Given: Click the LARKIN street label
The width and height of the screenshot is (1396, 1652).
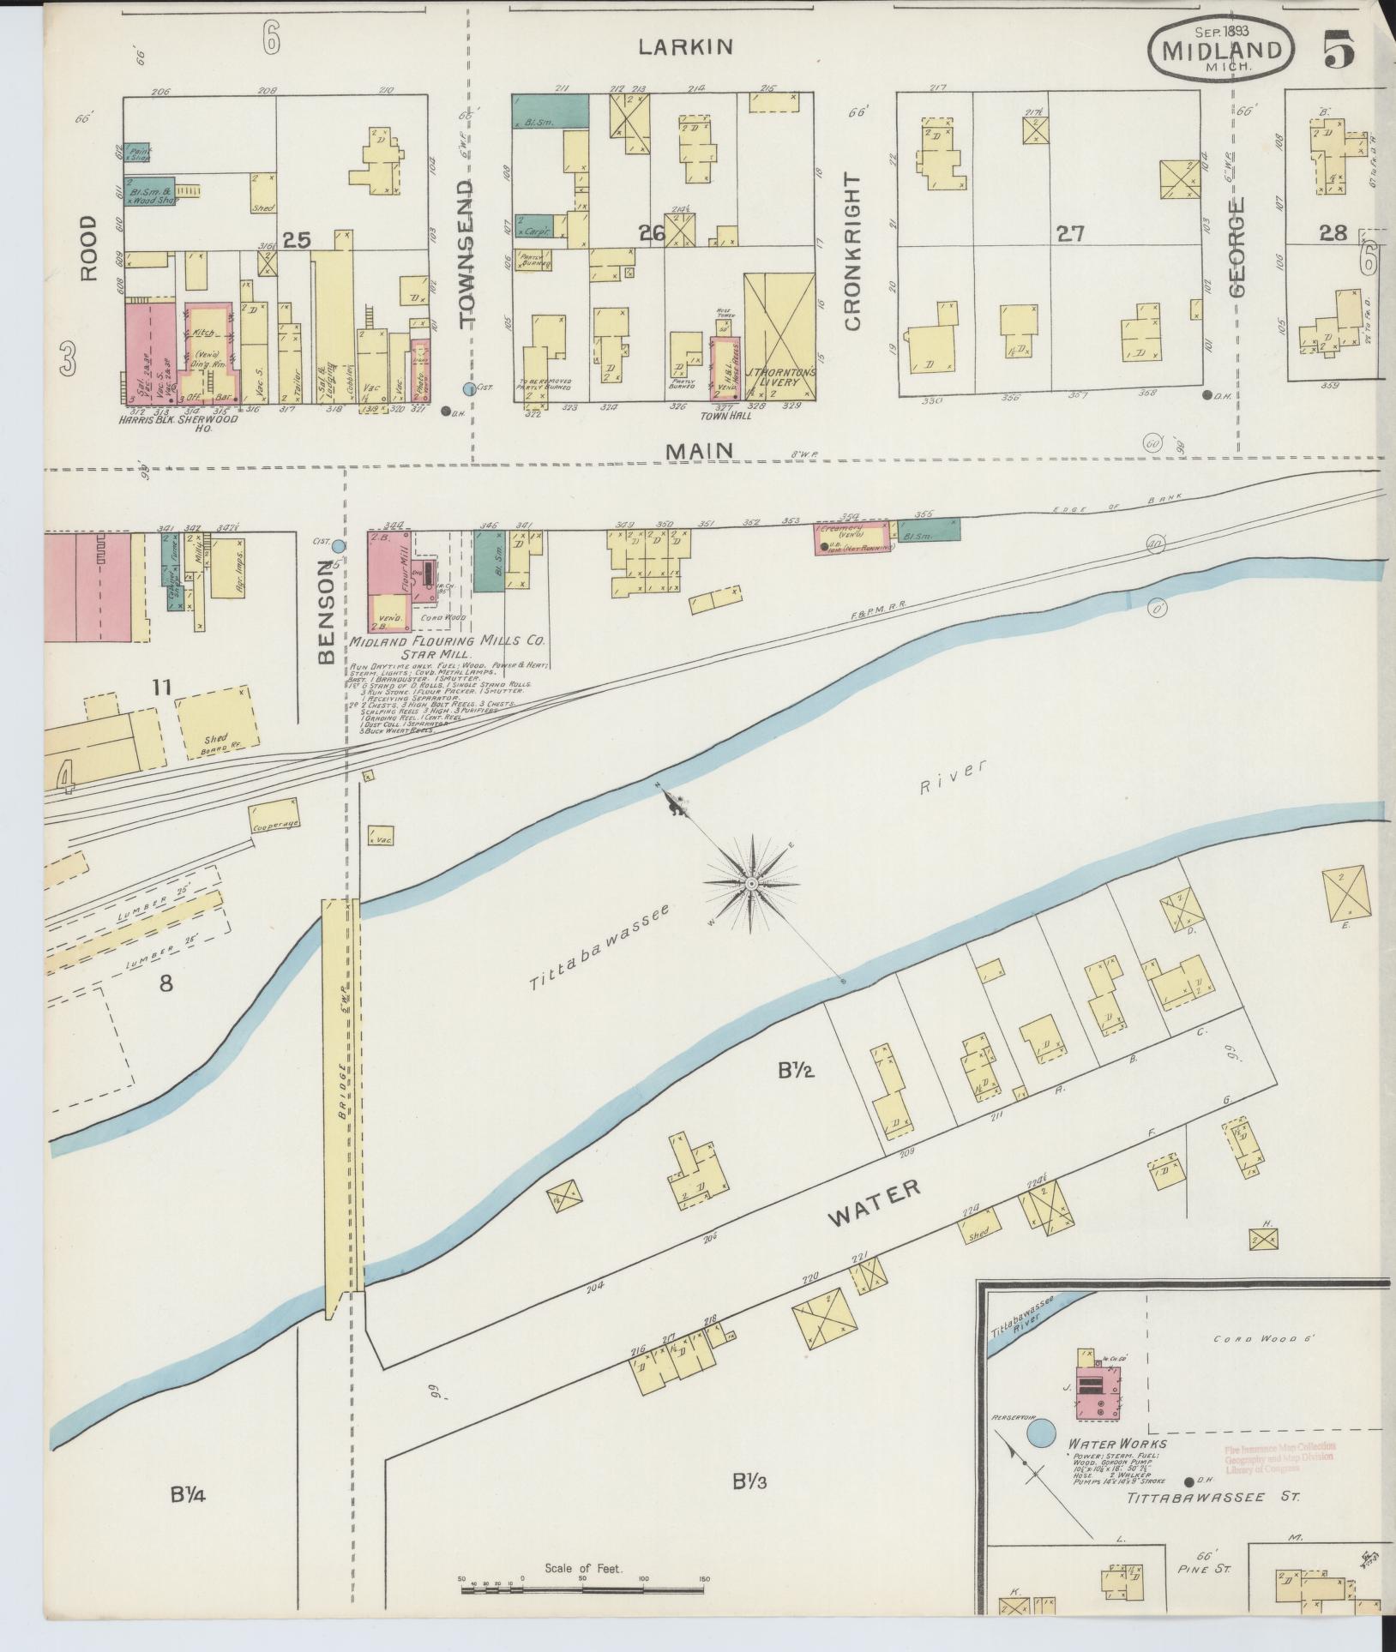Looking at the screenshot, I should pyautogui.click(x=686, y=47).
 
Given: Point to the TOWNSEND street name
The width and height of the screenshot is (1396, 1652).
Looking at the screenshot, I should pyautogui.click(x=466, y=255).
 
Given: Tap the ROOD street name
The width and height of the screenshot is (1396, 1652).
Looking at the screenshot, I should pyautogui.click(x=89, y=248).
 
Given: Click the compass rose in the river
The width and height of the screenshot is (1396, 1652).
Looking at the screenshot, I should pyautogui.click(x=751, y=883).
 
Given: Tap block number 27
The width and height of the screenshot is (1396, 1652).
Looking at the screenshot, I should pyautogui.click(x=1071, y=233).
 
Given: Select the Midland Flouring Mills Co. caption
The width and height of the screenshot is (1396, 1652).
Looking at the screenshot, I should pyautogui.click(x=446, y=640).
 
